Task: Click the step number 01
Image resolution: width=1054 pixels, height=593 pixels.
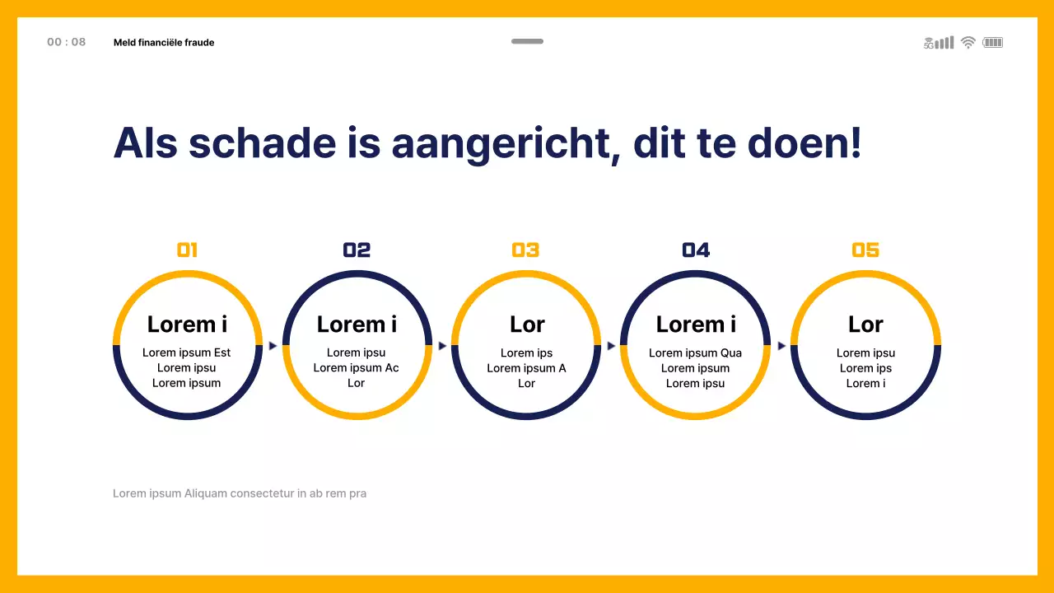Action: pyautogui.click(x=187, y=250)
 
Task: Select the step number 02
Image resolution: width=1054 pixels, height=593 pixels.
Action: pyautogui.click(x=357, y=250)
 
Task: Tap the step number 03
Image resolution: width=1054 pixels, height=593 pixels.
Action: pyautogui.click(x=525, y=250)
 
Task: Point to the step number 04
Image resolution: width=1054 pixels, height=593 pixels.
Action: pyautogui.click(x=696, y=250)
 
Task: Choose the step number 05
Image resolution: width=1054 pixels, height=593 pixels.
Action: pyautogui.click(x=865, y=250)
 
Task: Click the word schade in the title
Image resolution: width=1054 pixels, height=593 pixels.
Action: pyautogui.click(x=262, y=142)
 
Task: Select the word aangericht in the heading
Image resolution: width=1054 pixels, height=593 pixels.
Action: pyautogui.click(x=505, y=142)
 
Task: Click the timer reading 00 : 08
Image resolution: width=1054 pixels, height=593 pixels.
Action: pyautogui.click(x=66, y=42)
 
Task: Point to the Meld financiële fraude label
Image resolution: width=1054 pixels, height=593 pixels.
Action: pyautogui.click(x=164, y=42)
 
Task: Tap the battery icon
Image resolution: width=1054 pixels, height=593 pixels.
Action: pyautogui.click(x=992, y=42)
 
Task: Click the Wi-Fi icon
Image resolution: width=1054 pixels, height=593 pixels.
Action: pyautogui.click(x=968, y=42)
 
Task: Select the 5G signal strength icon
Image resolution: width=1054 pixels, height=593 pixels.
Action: pyautogui.click(x=939, y=42)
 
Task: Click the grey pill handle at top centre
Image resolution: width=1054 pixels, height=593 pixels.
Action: pyautogui.click(x=527, y=41)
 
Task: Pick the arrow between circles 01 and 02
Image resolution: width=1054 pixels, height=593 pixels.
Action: pyautogui.click(x=273, y=346)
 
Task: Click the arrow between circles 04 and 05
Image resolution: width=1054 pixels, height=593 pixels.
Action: pyautogui.click(x=781, y=346)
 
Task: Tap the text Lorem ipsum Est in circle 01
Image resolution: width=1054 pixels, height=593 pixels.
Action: pyautogui.click(x=187, y=353)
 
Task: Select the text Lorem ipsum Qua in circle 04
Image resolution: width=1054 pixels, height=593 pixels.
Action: pyautogui.click(x=695, y=353)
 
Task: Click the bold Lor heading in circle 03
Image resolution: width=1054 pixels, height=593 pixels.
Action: pyautogui.click(x=527, y=325)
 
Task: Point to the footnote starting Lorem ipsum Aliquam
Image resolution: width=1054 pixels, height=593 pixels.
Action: pyautogui.click(x=240, y=493)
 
